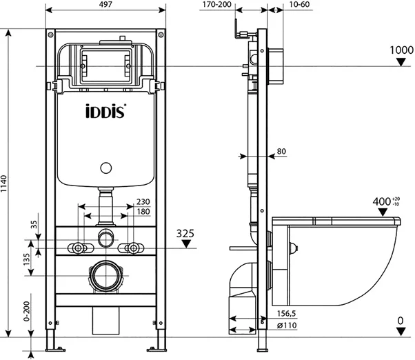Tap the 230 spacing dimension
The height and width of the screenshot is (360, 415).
143,201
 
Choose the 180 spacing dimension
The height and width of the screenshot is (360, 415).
143,212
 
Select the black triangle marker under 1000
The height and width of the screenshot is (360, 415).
401,62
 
